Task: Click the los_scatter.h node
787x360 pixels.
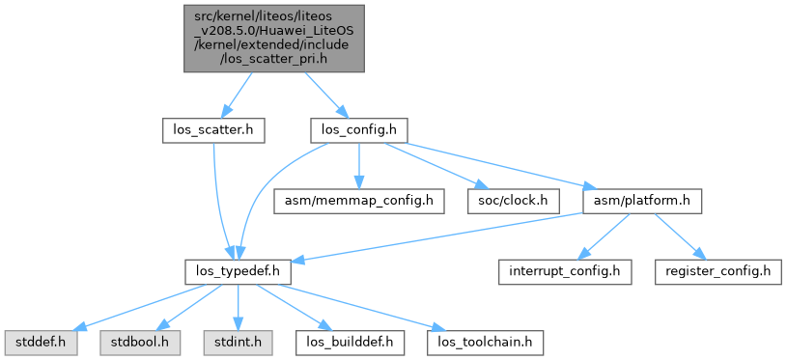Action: click(x=213, y=131)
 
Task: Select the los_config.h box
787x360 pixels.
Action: click(x=358, y=131)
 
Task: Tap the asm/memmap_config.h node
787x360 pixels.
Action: click(x=359, y=202)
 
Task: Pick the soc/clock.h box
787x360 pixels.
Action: click(x=514, y=202)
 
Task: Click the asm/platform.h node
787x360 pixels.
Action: click(x=641, y=202)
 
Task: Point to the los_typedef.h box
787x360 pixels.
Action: click(x=238, y=272)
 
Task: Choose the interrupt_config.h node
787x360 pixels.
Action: click(x=565, y=272)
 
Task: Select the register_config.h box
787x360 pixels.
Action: click(x=717, y=272)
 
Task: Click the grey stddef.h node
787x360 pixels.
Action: click(x=42, y=343)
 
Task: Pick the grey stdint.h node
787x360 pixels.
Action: click(x=238, y=343)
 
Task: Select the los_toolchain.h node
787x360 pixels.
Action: click(x=485, y=343)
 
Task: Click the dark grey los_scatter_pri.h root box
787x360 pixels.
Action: click(x=273, y=39)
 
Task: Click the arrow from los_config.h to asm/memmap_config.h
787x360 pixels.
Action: click(x=358, y=166)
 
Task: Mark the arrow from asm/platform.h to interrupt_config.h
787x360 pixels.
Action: click(x=604, y=237)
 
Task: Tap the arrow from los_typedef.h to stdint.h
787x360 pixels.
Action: click(x=238, y=308)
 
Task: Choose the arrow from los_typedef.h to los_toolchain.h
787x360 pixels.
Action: click(x=361, y=308)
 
